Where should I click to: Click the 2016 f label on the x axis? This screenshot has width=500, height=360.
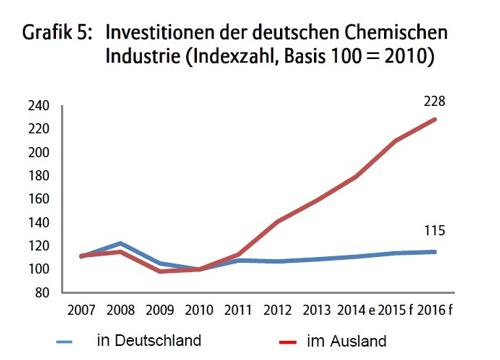pyautogui.click(x=434, y=312)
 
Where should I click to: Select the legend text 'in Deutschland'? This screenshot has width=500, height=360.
pyautogui.click(x=149, y=340)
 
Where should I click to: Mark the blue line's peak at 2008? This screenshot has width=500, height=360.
pyautogui.click(x=120, y=243)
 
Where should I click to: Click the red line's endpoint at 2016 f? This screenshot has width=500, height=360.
pyautogui.click(x=435, y=120)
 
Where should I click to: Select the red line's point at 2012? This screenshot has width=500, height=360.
pyautogui.click(x=276, y=221)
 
